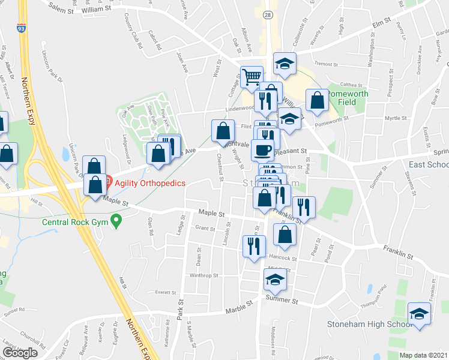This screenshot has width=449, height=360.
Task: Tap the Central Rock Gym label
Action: (x=76, y=222)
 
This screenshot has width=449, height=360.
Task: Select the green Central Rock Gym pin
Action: (x=118, y=222)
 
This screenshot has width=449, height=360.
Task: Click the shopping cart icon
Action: (x=252, y=77)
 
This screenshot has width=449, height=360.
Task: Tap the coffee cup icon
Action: (x=262, y=149)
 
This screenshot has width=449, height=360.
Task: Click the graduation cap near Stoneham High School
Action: (x=419, y=314)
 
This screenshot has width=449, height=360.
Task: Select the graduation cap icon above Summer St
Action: (x=275, y=278)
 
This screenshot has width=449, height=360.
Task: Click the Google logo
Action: (x=20, y=353)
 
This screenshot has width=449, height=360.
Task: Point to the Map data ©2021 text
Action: (x=424, y=355)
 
